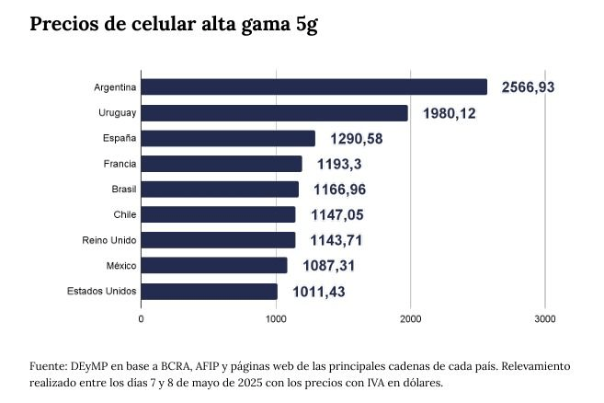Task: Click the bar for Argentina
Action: click(x=314, y=87)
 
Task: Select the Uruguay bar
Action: click(x=274, y=113)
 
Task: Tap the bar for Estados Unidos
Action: click(x=210, y=292)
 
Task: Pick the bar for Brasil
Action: click(x=220, y=190)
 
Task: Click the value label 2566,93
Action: click(x=529, y=87)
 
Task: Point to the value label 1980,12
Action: click(x=449, y=113)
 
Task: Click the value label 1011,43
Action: click(x=319, y=292)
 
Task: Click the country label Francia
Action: click(x=120, y=164)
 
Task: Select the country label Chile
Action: click(x=125, y=215)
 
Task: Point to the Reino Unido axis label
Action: click(x=110, y=241)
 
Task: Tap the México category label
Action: click(x=121, y=266)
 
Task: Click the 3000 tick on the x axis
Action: click(x=545, y=318)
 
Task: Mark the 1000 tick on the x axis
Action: click(x=276, y=318)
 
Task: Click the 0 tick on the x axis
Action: click(x=141, y=318)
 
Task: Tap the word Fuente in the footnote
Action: click(x=48, y=365)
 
